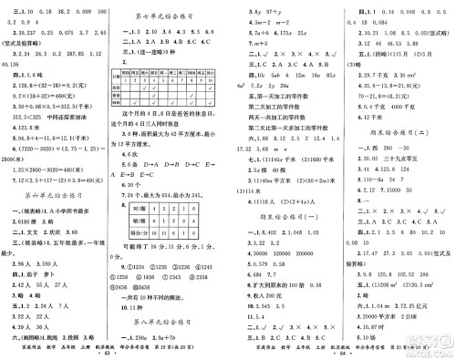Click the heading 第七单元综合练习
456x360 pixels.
pyautogui.click(x=168, y=16)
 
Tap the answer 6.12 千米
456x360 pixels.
pyautogui.click(x=373, y=118)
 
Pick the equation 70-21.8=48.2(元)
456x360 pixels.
pyautogui.click(x=382, y=93)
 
